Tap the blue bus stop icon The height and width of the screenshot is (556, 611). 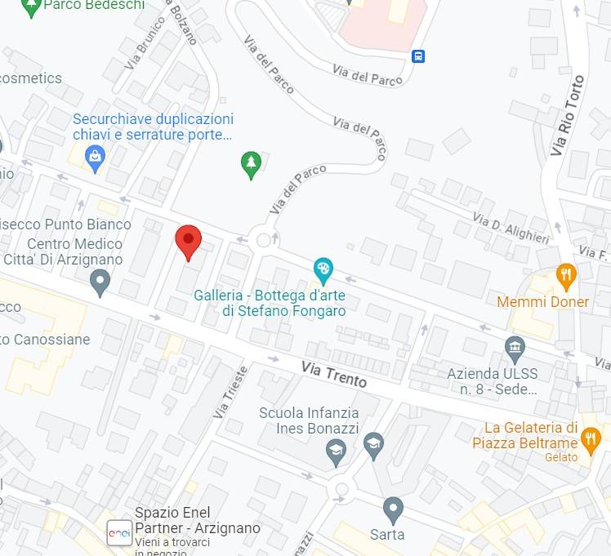point(418,56)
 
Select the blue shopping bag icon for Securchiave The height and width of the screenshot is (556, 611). point(96,158)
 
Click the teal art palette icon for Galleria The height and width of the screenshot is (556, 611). point(323,269)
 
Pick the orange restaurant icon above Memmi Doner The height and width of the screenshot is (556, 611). point(565,276)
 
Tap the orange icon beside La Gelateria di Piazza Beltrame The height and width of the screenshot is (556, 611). point(591,440)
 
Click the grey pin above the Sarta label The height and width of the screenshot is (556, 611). point(393,509)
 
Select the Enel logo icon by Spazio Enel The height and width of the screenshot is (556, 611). point(119,532)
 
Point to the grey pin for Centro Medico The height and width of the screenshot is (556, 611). point(100,282)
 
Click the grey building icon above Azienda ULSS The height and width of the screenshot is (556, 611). point(515,350)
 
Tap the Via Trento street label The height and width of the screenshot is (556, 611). point(333,375)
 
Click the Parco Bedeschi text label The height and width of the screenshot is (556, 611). point(93,6)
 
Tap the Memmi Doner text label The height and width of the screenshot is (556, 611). point(542,302)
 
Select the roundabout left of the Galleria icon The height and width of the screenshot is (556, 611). point(263,240)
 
